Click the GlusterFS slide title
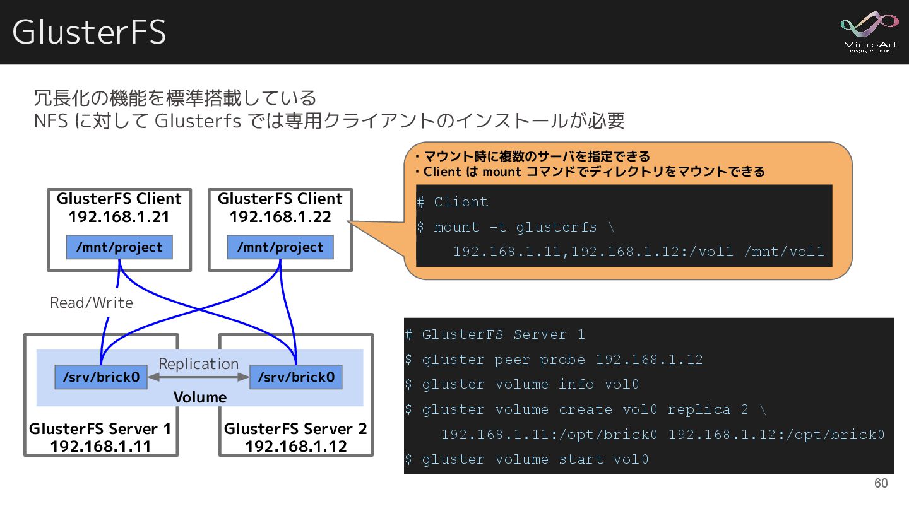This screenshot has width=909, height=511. click(89, 32)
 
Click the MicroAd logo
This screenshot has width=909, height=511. click(869, 32)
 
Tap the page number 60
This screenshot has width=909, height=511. click(881, 483)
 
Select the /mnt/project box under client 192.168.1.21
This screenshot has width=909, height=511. click(119, 247)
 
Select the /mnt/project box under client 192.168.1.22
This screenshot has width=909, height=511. click(280, 247)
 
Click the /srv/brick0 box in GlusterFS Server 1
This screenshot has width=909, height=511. click(101, 377)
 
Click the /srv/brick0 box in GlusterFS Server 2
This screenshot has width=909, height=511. click(296, 377)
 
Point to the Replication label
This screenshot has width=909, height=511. click(198, 363)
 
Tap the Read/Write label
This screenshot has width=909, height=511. click(92, 303)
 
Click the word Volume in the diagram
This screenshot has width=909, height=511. click(199, 397)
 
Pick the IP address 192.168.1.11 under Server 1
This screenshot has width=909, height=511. click(101, 446)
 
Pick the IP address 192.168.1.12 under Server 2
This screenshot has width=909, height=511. click(296, 446)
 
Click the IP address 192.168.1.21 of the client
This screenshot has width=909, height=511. click(119, 216)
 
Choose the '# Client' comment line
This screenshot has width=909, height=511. click(453, 202)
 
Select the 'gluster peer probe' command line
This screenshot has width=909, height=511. click(554, 360)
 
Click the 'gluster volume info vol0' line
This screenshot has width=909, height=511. click(522, 384)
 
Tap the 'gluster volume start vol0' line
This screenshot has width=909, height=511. click(526, 459)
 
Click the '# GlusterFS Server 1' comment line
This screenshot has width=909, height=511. click(496, 334)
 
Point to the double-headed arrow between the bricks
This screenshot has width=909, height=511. click(199, 377)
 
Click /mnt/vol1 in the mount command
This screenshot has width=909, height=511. click(784, 252)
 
